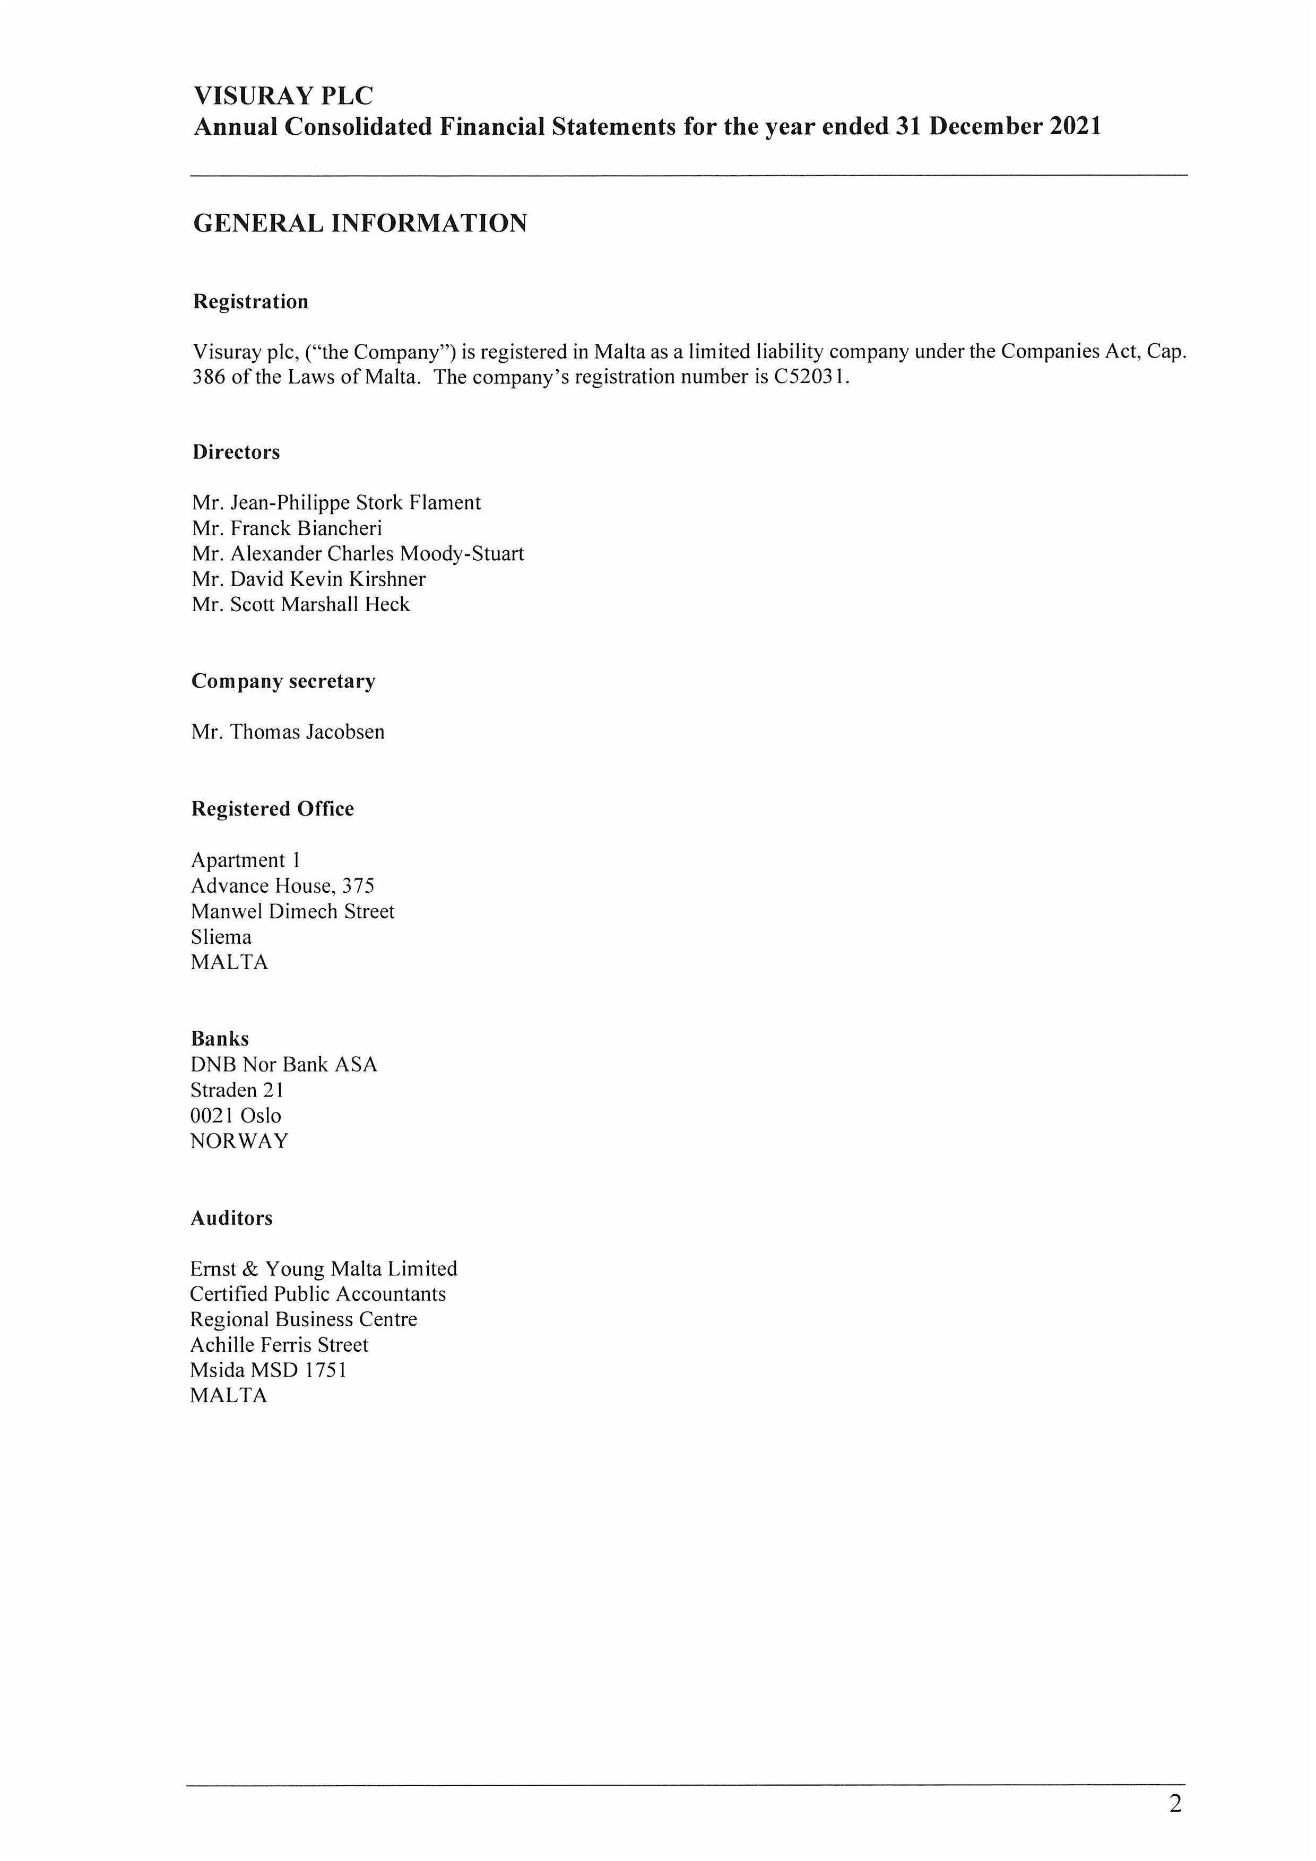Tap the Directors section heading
236,453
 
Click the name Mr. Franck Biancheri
287,528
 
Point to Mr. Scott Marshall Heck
301,605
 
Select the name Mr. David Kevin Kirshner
309,579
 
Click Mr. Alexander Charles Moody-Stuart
358,554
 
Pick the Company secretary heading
283,682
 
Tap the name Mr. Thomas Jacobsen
288,732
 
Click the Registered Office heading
272,809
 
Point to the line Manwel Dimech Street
293,912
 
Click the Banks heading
220,1039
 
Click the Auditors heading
231,1218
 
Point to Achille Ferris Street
279,1345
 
